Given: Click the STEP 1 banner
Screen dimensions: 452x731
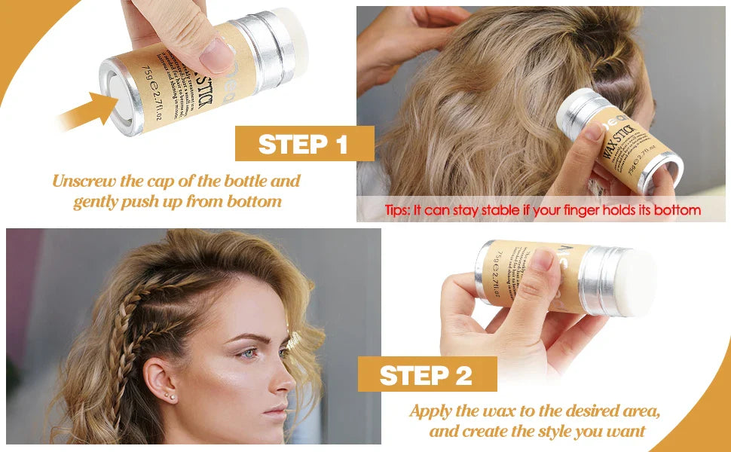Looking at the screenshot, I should pos(304,144).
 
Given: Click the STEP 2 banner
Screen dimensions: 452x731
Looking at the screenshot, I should pos(427,374).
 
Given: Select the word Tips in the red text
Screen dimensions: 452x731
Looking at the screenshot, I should pos(397,210).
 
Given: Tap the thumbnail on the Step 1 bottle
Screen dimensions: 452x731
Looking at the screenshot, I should pos(219,55).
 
